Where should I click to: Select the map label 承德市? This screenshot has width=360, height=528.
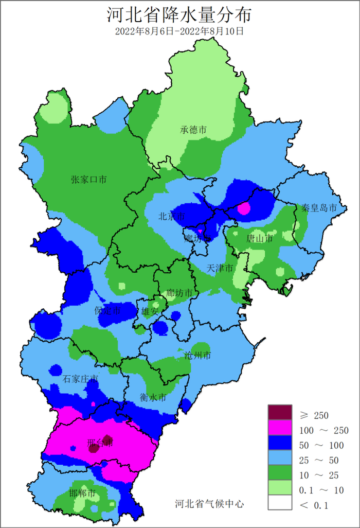point(193,130)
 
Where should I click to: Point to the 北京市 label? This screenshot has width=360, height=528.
point(171,217)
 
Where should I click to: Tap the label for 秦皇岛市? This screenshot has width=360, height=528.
point(319,208)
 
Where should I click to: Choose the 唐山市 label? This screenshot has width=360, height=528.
point(260,238)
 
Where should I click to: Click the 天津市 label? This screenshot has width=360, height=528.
point(220,268)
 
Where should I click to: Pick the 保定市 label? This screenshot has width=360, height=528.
point(107,311)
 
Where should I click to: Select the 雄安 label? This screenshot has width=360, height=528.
point(150,311)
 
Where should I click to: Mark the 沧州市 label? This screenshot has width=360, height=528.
point(197,356)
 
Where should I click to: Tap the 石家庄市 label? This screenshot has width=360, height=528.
point(80,379)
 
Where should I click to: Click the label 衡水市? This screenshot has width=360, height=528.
point(153,397)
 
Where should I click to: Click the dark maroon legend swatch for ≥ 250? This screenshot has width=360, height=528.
point(280,412)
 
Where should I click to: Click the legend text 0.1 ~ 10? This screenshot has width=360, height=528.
point(321,490)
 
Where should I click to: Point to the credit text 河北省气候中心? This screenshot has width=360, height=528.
point(209,503)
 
